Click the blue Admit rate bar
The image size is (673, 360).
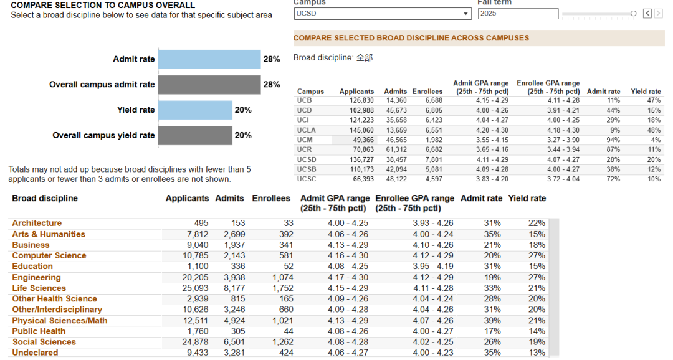(x=209, y=59)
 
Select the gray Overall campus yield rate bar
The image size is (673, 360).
(x=195, y=136)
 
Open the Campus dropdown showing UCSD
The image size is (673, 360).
(x=382, y=14)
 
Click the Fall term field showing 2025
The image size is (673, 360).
(x=518, y=14)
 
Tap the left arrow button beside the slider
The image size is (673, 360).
(x=647, y=14)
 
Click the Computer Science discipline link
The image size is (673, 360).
(x=49, y=256)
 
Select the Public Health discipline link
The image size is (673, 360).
(x=39, y=331)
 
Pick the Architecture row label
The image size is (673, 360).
(x=37, y=223)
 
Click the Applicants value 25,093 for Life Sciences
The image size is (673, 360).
(x=195, y=288)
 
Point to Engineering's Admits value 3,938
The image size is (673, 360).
(x=234, y=278)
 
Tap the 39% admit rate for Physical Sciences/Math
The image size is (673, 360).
(x=492, y=321)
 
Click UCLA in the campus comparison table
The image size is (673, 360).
(x=306, y=130)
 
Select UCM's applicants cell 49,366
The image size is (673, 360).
(x=363, y=140)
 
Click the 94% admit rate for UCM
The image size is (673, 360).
(x=613, y=140)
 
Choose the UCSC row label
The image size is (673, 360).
(x=307, y=179)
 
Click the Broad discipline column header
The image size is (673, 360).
(x=45, y=198)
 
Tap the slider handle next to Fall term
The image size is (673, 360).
(x=634, y=14)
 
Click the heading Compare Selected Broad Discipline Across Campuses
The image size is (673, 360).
(x=411, y=38)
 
